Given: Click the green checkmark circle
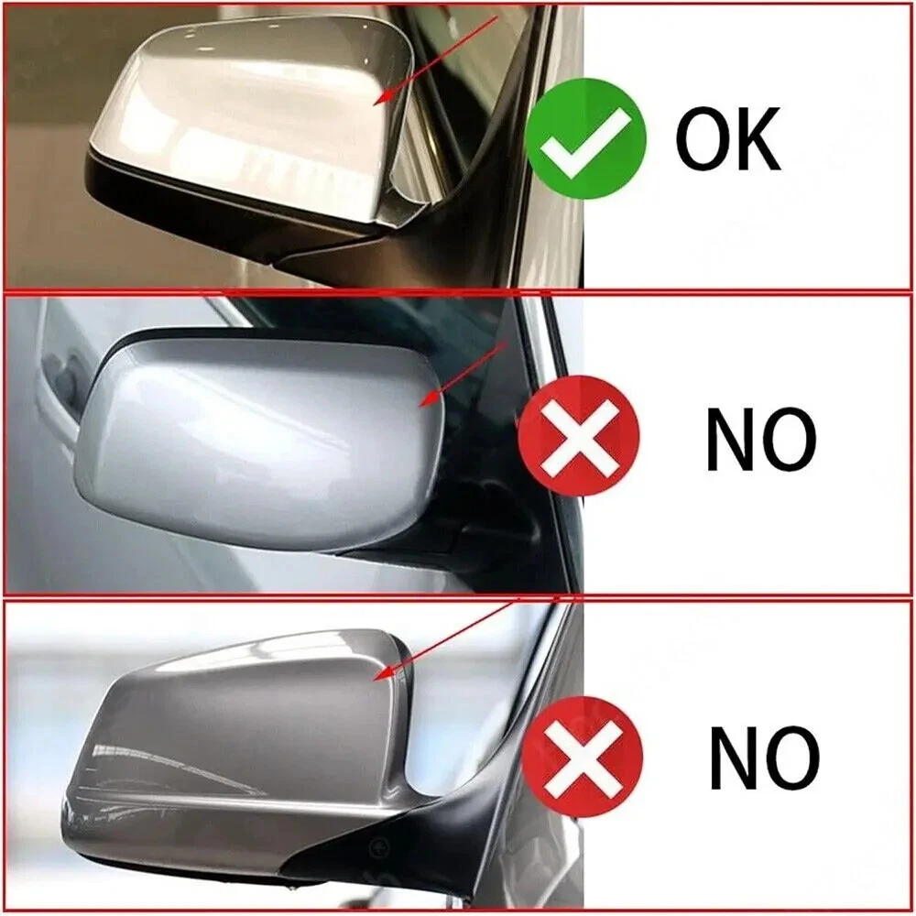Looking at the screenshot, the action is pos(585,138).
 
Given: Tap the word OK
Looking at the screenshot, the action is pos(728,138).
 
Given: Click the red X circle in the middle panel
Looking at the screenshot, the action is pos(578,436).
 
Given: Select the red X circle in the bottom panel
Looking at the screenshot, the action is pos(582,757).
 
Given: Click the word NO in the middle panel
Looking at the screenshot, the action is pos(760,440).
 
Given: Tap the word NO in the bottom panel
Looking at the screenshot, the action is pos(765,758).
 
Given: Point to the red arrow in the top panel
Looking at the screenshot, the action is pos(435,60).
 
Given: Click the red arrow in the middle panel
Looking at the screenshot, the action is pos(463,375).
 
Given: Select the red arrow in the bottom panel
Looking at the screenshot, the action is pos(445,639).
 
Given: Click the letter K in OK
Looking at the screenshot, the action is pos(757,138).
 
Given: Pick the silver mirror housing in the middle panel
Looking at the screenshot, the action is pos(257,444).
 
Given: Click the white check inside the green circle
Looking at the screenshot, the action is pos(584,140).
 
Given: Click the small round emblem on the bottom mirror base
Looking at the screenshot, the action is pos(377,845).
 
